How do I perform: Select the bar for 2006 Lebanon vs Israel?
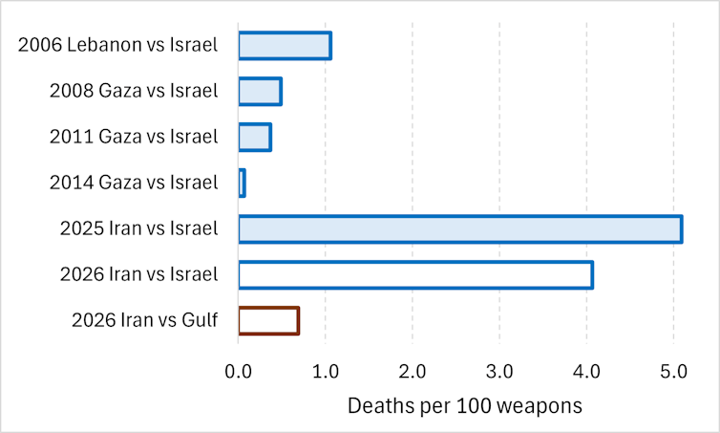(x=285, y=46)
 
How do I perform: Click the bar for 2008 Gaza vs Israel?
(x=260, y=92)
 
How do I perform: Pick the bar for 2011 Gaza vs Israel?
(x=255, y=138)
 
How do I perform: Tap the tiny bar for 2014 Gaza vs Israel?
(x=242, y=183)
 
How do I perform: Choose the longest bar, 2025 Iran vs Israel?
(x=459, y=229)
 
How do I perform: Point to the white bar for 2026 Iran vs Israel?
(x=415, y=275)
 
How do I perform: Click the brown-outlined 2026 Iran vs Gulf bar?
(x=268, y=320)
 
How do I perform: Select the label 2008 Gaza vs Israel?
(x=134, y=92)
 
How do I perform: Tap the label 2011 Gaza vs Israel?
(x=134, y=138)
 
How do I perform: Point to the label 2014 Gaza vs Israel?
(x=134, y=183)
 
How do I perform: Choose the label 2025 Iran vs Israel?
(x=138, y=229)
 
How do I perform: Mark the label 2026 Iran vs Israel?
(x=138, y=275)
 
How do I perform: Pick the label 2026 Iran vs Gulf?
(x=145, y=320)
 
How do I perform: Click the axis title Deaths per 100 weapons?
(x=464, y=405)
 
